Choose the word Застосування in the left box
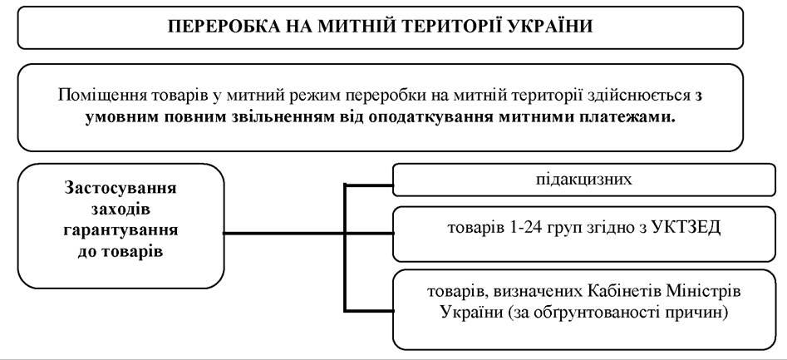(x=121, y=189)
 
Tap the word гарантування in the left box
(x=121, y=230)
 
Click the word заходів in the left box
(x=121, y=210)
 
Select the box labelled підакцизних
(x=583, y=180)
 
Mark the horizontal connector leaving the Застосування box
(x=308, y=233)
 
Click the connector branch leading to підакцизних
(x=368, y=185)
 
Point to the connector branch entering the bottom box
(x=368, y=311)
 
